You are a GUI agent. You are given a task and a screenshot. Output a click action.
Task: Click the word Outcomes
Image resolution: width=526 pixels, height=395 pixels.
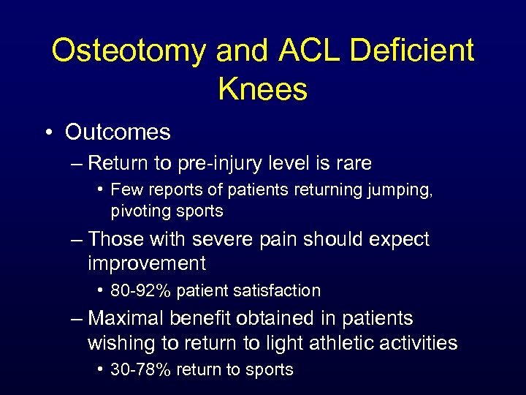point(118,132)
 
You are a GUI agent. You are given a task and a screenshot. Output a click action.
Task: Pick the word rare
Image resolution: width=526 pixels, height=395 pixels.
point(351,163)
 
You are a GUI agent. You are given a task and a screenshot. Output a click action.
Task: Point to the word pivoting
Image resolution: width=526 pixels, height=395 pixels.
point(140,211)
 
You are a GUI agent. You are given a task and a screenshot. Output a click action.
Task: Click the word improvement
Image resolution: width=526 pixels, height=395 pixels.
point(146,263)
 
